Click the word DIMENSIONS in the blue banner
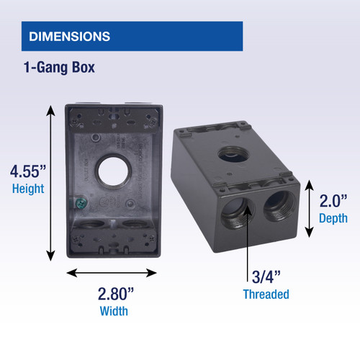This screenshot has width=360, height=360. pyautogui.click(x=69, y=36)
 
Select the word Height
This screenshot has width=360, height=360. pyautogui.click(x=28, y=189)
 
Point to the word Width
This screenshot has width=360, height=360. pyautogui.click(x=114, y=311)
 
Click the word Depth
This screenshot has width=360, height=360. pyautogui.click(x=333, y=217)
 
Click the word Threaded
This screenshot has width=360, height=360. pyautogui.click(x=265, y=294)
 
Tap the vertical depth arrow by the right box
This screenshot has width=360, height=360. pyautogui.click(x=310, y=209)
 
